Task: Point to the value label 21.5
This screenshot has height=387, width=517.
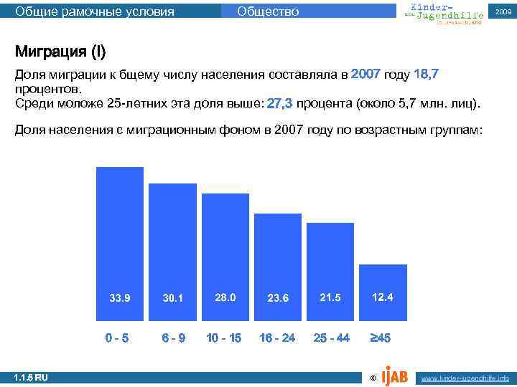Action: (x=330, y=297)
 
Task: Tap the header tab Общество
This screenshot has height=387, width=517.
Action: (x=268, y=11)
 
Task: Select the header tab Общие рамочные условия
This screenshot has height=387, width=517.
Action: (x=95, y=11)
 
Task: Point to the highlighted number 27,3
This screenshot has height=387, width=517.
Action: (x=279, y=104)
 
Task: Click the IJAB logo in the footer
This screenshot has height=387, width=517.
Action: (x=395, y=374)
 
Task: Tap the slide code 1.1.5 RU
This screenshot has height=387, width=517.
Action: (x=31, y=377)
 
